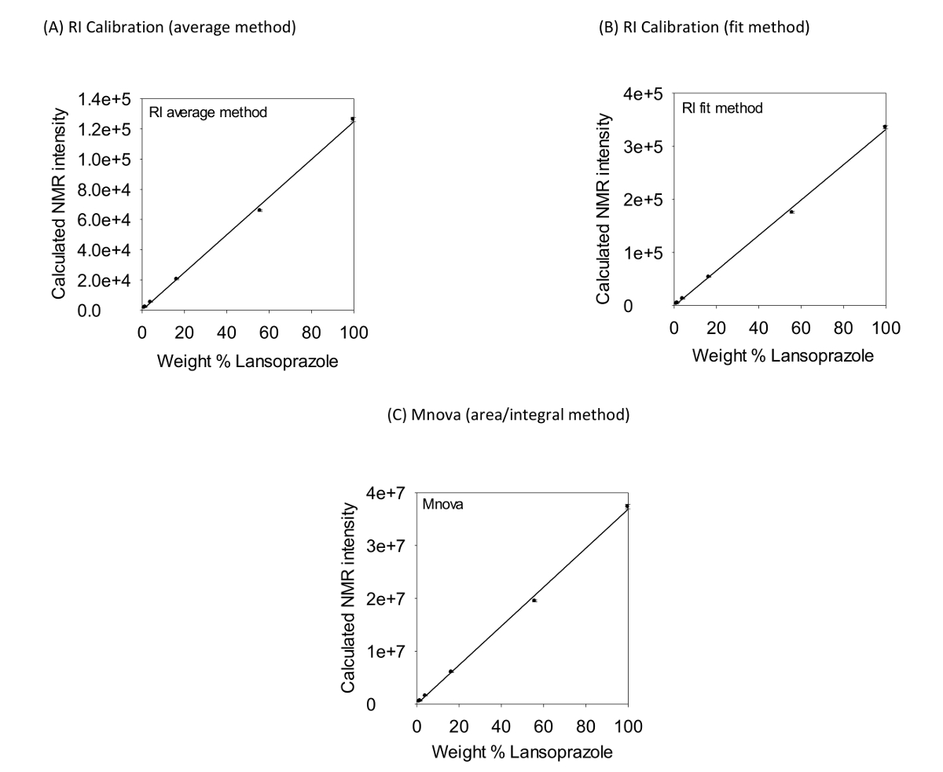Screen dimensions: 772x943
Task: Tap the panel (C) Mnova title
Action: [x=508, y=414]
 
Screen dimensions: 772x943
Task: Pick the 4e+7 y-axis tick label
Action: [x=387, y=493]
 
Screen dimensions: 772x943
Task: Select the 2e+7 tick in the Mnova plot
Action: [x=387, y=598]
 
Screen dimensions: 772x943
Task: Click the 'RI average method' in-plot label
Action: [x=208, y=112]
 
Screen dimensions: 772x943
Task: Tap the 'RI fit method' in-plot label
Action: [x=722, y=108]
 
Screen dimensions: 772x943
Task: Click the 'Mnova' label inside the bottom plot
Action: [x=442, y=505]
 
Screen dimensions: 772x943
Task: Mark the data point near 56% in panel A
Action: [x=259, y=210]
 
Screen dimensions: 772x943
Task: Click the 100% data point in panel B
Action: [x=885, y=127]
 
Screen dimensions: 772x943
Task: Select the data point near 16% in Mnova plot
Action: [x=450, y=671]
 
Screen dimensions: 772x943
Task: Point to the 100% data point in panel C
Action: [x=627, y=505]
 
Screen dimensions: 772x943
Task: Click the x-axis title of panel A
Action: [x=248, y=362]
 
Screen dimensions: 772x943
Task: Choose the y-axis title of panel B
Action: [x=604, y=208]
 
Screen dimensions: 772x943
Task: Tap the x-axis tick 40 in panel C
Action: [x=501, y=726]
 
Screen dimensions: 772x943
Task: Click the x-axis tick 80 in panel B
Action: [x=843, y=326]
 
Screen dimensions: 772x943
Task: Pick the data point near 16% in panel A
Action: [x=176, y=278]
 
